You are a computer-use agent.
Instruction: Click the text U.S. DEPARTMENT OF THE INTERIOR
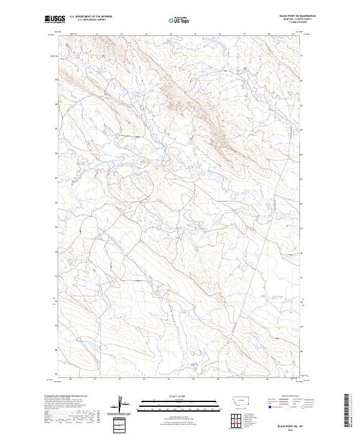[91, 17]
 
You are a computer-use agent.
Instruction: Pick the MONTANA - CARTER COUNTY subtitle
[303, 19]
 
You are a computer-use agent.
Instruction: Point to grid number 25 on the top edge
[195, 34]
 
